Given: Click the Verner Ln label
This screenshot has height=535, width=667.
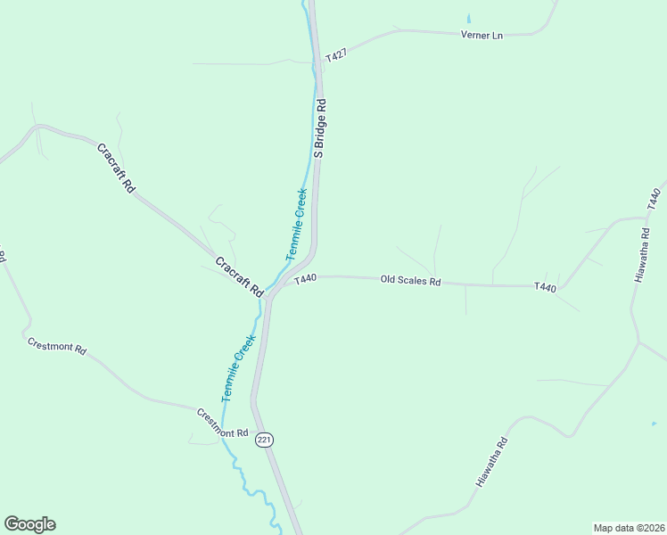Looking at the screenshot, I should pos(482,35).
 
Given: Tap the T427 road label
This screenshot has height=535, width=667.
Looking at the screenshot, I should pos(335,56).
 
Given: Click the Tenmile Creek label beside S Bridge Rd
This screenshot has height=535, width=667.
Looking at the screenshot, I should pos(297,224).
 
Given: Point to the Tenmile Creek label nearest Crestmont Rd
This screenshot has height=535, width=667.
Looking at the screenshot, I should pos(238,367).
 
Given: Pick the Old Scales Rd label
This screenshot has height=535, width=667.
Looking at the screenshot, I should pos(410,280).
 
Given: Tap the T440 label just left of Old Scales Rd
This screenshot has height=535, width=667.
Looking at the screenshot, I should pos(305,279).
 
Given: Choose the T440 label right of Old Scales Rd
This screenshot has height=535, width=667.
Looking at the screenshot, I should pos(545,287).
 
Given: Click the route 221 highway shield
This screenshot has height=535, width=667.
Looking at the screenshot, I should pos(264,440).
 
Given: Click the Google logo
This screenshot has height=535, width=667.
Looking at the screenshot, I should pos(29,524).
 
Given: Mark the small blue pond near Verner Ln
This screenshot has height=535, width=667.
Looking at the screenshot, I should pos(468,18).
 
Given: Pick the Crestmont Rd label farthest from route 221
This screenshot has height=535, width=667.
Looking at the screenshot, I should pos(56,346).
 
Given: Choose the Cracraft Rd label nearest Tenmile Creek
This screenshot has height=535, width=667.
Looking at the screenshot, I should pos(239,276).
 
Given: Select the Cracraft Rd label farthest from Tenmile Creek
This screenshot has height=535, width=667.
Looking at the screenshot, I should pos(116,168).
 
